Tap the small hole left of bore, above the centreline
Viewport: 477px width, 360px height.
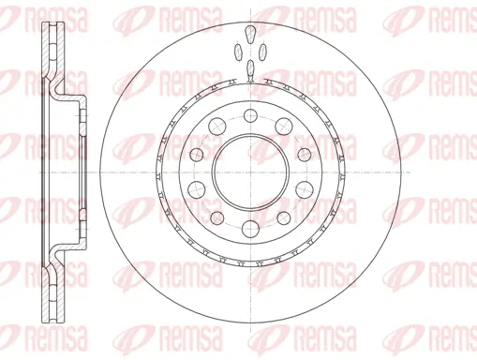[x=198, y=154]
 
